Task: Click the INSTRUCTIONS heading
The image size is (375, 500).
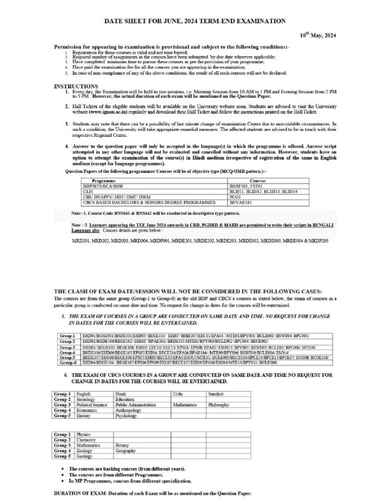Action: (x=76, y=86)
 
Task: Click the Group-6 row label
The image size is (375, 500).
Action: (x=67, y=363)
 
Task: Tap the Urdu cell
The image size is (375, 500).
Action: (x=178, y=393)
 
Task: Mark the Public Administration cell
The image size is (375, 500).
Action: (x=135, y=405)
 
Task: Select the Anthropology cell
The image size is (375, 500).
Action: (x=128, y=410)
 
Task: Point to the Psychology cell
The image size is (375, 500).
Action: (x=126, y=416)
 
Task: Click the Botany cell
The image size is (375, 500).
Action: (x=122, y=445)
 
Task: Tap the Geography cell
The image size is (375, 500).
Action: (x=125, y=451)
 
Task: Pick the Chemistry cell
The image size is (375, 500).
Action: (x=86, y=439)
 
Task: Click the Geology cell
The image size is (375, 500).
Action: (x=84, y=456)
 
